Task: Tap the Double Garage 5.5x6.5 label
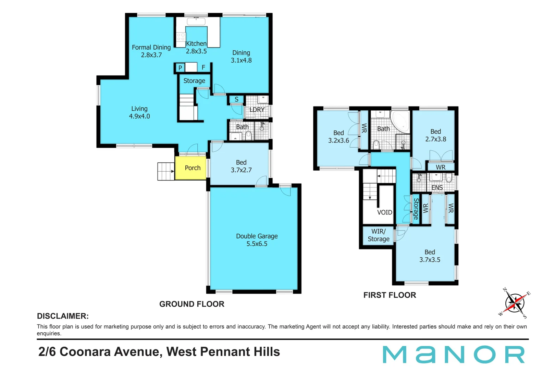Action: [257, 240]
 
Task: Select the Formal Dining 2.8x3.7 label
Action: [151, 51]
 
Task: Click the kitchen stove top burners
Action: [181, 37]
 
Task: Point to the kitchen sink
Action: [196, 21]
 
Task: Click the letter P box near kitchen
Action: [180, 68]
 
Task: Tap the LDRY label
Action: [257, 110]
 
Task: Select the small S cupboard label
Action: [236, 100]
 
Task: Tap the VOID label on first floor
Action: [384, 212]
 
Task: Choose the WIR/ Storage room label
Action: [378, 235]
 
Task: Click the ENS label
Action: [437, 188]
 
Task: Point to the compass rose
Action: [515, 303]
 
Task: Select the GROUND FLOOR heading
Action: [192, 304]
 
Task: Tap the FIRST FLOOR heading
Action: [390, 295]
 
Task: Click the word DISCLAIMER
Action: [63, 316]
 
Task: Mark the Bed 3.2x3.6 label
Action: [338, 137]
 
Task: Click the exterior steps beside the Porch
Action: [166, 171]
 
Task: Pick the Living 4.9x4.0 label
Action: [139, 112]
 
